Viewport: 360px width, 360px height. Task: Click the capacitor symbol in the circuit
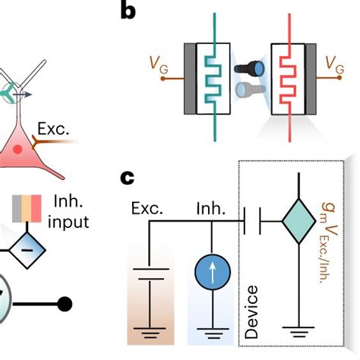coord(252,223)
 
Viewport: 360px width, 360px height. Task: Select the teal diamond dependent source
coord(298,223)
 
